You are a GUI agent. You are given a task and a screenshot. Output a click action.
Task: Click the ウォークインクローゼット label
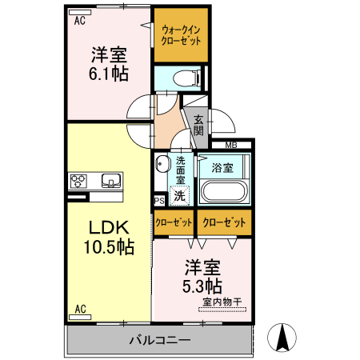pos(181,34)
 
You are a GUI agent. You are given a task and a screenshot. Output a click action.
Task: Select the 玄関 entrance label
pos(198,125)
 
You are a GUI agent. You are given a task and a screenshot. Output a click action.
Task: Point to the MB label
pos(230,145)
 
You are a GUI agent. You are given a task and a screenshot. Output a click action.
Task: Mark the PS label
pos(158,201)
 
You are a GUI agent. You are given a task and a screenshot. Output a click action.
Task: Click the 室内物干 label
pos(223,302)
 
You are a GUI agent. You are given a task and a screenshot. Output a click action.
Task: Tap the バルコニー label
pos(160,341)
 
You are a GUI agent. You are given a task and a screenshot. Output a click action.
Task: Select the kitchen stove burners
pos(82,178)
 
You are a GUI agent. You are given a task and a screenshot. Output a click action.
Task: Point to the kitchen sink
pos(110,178)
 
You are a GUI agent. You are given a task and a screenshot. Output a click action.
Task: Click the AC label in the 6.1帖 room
pos(79,22)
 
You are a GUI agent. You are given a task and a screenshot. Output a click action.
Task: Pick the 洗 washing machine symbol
pos(181,195)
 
